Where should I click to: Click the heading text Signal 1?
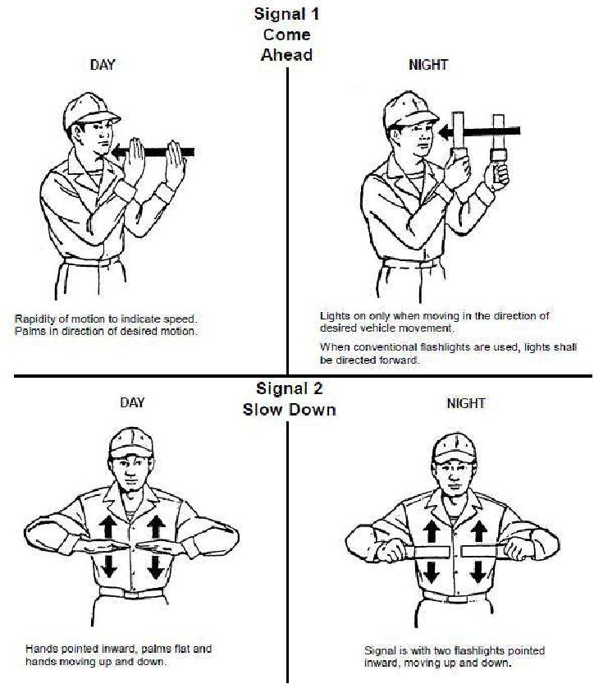coord(286,13)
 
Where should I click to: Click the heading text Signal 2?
coord(290,388)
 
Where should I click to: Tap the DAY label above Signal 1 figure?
coord(103,65)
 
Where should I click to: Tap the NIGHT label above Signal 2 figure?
coord(466,403)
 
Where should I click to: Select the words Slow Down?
coord(290,410)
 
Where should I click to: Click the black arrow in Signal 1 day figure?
coord(153,152)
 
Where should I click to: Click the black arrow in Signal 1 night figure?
coord(479,131)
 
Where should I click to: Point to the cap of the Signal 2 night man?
coord(455,448)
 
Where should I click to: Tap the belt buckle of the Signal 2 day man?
coord(131,594)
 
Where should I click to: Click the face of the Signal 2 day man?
coord(130,472)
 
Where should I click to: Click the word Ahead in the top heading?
coord(286,55)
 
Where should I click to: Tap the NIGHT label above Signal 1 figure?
coord(428,65)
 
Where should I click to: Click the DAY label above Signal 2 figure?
coord(132,402)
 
